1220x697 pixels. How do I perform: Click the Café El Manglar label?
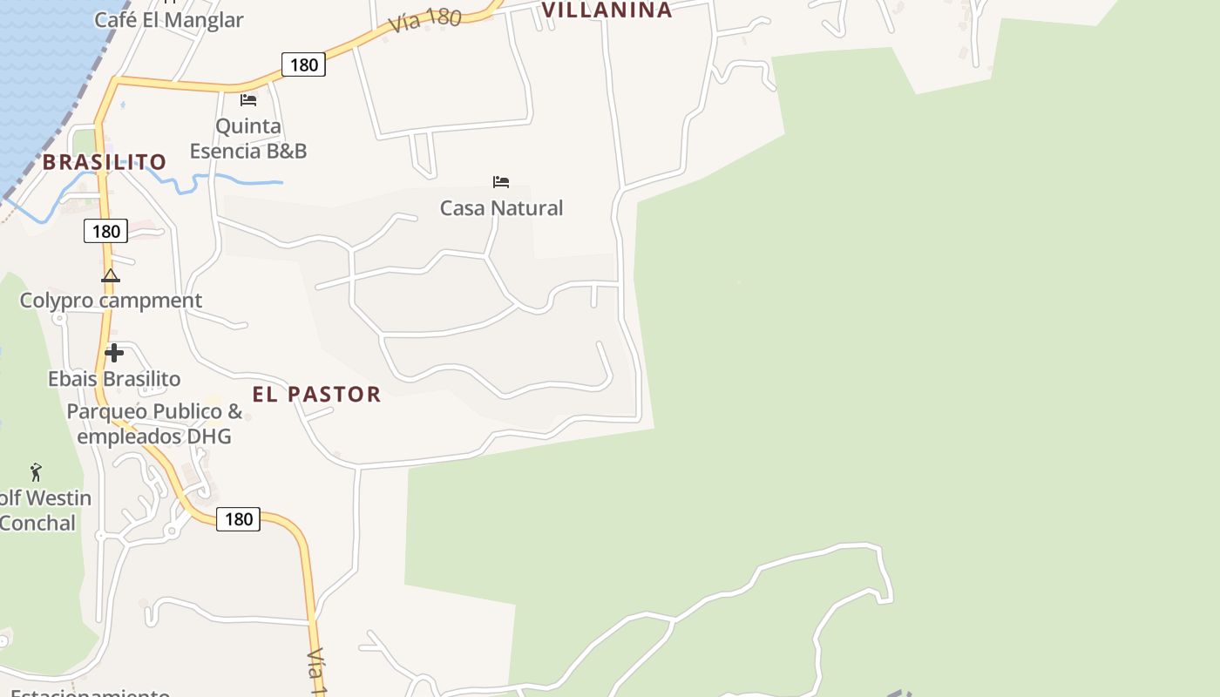click(x=168, y=19)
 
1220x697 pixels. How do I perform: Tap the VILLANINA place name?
click(x=607, y=10)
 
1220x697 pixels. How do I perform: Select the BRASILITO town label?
click(x=105, y=162)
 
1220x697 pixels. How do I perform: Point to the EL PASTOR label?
click(x=316, y=394)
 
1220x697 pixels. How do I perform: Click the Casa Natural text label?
click(x=501, y=208)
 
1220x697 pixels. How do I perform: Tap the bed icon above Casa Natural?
click(x=501, y=182)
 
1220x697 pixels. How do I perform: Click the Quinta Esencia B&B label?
click(x=248, y=139)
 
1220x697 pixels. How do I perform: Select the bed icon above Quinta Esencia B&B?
click(x=248, y=100)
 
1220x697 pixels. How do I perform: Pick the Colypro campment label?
click(x=111, y=301)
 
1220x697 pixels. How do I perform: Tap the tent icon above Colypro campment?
click(x=110, y=276)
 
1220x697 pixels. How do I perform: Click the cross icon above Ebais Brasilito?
click(x=114, y=353)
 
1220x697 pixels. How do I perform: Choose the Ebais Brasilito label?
click(x=114, y=379)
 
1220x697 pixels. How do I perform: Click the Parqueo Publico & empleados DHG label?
click(x=154, y=423)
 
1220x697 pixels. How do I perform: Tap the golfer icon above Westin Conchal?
click(x=36, y=472)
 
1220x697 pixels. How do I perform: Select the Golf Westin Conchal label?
click(x=44, y=511)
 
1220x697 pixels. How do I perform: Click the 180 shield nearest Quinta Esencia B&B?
click(x=303, y=64)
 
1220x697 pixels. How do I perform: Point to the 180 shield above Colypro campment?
click(x=105, y=231)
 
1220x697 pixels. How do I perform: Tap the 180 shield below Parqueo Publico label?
click(x=238, y=519)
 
